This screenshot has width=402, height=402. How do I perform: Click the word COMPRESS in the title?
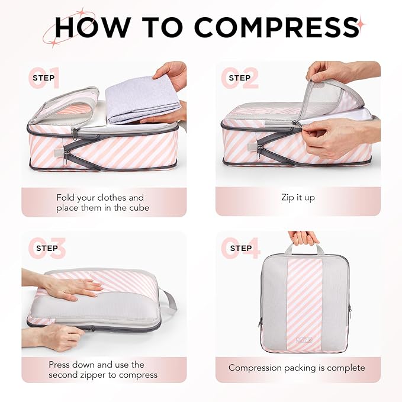tap(276, 27)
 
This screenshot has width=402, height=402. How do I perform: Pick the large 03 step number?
tap(47, 249)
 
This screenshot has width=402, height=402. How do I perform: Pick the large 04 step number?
tap(240, 249)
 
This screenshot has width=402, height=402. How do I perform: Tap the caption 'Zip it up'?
tap(298, 198)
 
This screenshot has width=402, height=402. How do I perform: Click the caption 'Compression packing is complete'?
tap(297, 368)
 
